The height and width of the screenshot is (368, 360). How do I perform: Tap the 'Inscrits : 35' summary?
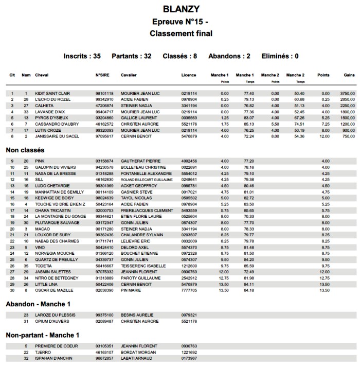pos(82,56)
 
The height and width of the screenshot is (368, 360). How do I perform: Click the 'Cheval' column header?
pos(42,75)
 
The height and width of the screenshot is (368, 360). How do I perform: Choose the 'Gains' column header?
pos(349,75)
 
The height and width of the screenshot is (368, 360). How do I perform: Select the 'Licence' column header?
pos(189,75)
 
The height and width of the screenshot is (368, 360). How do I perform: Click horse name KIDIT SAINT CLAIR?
pos(52,93)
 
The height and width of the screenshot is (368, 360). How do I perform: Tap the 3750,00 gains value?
pos(347,93)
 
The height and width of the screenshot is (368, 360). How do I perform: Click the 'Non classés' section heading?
pos(25,150)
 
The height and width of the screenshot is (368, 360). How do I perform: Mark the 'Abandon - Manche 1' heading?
pos(39,304)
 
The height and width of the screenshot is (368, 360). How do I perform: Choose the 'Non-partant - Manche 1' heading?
pos(43,335)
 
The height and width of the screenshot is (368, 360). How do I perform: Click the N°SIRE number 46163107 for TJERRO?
pos(104,352)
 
